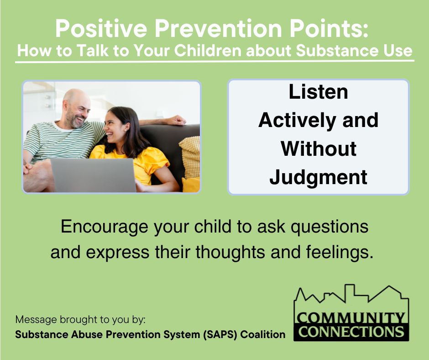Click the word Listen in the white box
318,92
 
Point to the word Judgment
318,177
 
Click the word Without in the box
318,149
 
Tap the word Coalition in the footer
263,334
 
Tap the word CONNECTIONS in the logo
351,331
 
